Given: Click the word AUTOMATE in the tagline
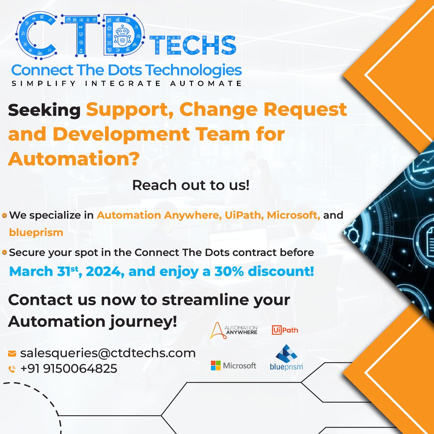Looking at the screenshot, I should click(206, 84).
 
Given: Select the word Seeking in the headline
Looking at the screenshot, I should click(44, 110).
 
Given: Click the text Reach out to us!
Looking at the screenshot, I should click(191, 185).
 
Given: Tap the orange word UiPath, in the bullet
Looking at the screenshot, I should click(244, 215).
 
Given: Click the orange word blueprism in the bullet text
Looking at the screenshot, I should click(36, 232).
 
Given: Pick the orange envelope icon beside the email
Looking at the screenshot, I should click(12, 353).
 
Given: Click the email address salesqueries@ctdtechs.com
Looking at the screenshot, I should click(108, 353).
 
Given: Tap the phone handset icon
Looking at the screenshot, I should click(12, 369).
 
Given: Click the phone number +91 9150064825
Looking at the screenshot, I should click(69, 369).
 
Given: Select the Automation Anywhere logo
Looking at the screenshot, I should click(234, 330).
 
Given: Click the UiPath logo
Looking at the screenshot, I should click(285, 330).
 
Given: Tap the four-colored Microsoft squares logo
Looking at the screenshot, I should click(216, 366).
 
